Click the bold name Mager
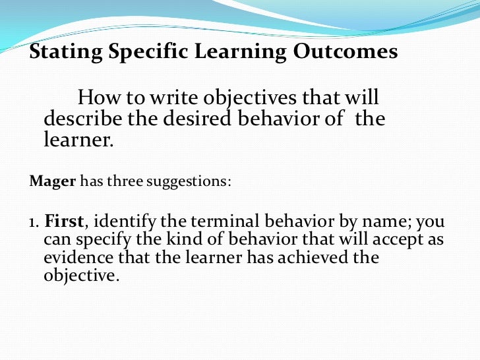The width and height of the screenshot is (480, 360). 53,181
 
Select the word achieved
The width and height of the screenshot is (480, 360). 315,257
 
